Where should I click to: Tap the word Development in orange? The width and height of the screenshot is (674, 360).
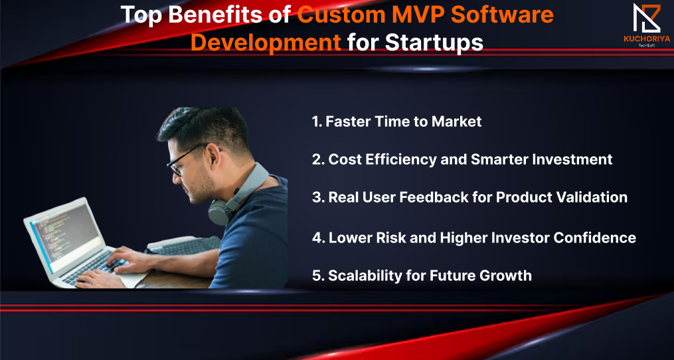(x=266, y=43)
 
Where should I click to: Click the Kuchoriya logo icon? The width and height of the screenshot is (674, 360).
(x=647, y=18)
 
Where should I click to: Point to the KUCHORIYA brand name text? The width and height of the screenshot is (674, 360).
(x=647, y=39)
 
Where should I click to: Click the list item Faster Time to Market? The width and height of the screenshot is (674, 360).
(x=396, y=122)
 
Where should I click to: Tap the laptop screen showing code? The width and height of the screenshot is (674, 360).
(x=64, y=232)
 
